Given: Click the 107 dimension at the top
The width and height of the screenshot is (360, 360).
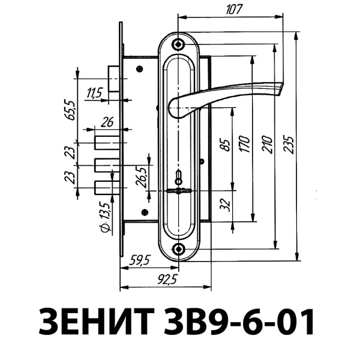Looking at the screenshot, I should pyautogui.click(x=235, y=10).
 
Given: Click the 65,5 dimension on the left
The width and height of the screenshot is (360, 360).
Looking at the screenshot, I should pyautogui.click(x=71, y=112).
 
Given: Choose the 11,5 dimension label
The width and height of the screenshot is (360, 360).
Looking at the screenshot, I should pyautogui.click(x=95, y=92).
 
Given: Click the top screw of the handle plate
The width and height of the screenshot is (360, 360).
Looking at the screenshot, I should pyautogui.click(x=178, y=45).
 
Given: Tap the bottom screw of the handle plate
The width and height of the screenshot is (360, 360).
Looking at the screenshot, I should pyautogui.click(x=178, y=248).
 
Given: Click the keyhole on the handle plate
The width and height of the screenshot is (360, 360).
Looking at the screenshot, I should pyautogui.click(x=178, y=178).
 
